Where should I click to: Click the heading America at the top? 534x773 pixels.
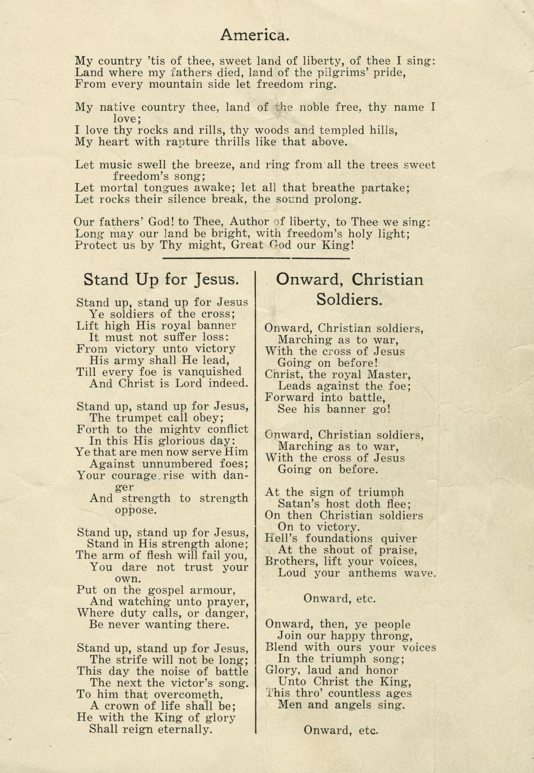click(255, 35)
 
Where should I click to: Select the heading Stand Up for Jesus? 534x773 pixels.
click(161, 279)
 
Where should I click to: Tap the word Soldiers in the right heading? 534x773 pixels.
click(349, 299)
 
